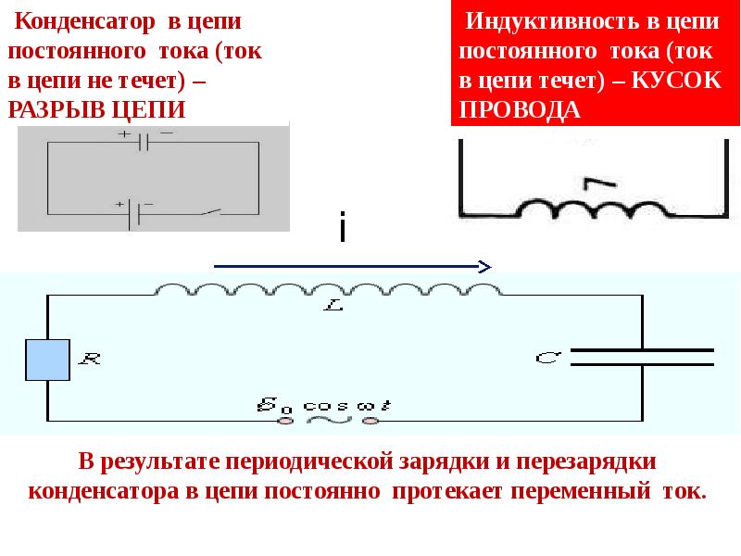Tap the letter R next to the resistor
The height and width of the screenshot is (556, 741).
tap(91, 358)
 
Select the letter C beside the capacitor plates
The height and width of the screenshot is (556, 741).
tap(546, 355)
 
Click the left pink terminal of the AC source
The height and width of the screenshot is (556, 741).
tap(286, 421)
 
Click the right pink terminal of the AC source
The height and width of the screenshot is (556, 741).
tap(371, 421)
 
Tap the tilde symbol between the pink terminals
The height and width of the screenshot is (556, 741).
tap(329, 419)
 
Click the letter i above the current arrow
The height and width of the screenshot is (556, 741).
tap(343, 228)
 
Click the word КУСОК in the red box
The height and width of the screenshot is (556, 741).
tap(676, 80)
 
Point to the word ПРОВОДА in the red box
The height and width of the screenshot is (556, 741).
tap(520, 109)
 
